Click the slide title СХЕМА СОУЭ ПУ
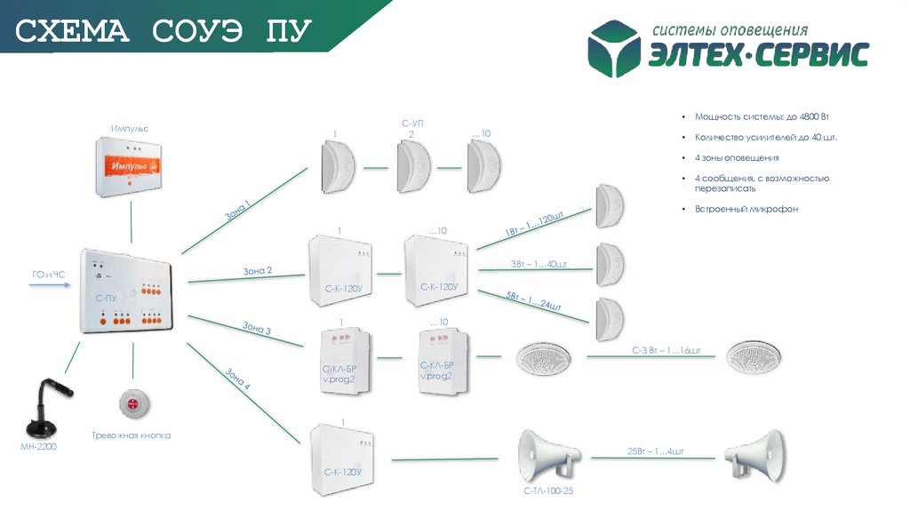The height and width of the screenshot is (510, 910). point(164,32)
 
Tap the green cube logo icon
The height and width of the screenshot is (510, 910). point(617,49)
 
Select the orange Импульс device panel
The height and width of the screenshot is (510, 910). point(130,165)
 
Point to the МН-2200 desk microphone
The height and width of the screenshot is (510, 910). point(44,405)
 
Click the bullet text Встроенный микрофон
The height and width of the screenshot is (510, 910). point(746,209)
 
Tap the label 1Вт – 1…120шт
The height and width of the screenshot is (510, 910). point(535,223)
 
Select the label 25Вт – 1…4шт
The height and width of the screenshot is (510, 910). point(656,451)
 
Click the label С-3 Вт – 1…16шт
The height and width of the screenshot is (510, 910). point(667,351)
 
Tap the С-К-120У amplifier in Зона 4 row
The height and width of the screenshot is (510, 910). point(342,458)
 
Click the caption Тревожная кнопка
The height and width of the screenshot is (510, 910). point(131,436)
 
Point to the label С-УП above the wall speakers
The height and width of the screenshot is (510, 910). point(411,123)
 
